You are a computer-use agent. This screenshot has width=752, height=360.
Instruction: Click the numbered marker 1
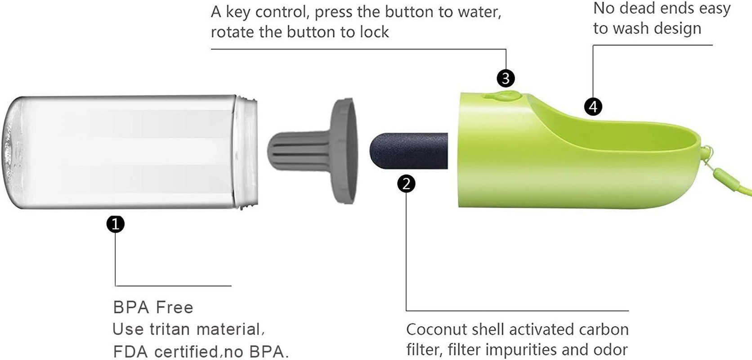coord(116,224)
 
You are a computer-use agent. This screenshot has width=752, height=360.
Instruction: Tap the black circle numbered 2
coord(407,184)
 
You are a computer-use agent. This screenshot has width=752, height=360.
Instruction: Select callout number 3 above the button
coord(506,78)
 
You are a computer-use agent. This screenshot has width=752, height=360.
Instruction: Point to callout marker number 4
coord(593,107)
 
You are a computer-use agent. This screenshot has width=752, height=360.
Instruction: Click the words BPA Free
coord(153,307)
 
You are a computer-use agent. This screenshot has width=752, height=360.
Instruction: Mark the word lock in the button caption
coord(373,32)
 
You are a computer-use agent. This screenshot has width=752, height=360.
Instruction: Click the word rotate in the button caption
coord(233,32)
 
